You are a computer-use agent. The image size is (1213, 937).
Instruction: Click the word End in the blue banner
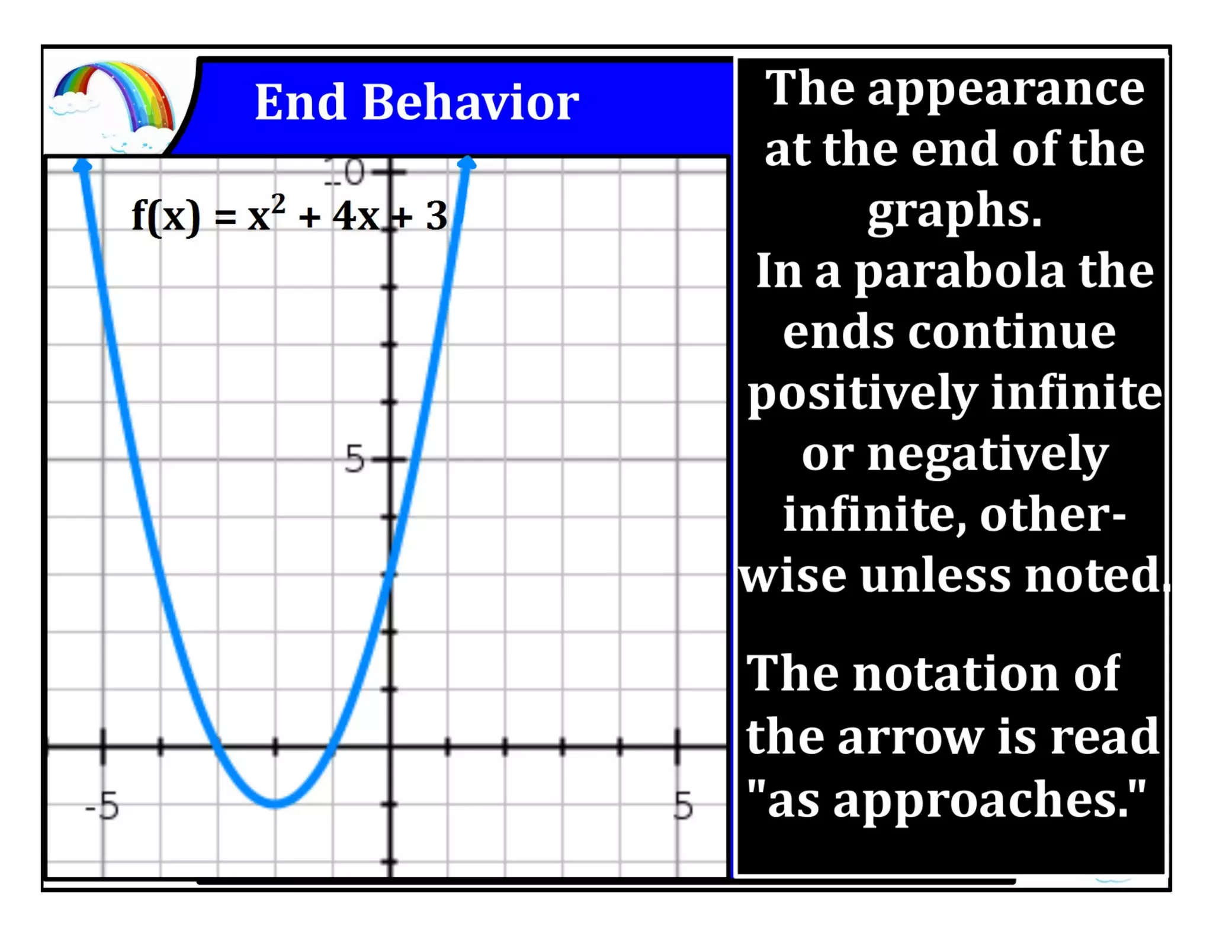pyautogui.click(x=300, y=102)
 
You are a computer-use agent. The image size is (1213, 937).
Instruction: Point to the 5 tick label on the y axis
pyautogui.click(x=354, y=459)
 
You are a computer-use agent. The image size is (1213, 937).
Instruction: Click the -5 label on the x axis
pyautogui.click(x=102, y=806)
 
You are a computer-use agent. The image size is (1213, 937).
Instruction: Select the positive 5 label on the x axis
pyautogui.click(x=683, y=806)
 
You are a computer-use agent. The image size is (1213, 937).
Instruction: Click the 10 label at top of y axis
pyautogui.click(x=345, y=173)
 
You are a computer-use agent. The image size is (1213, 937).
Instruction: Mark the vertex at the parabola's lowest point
pyautogui.click(x=276, y=803)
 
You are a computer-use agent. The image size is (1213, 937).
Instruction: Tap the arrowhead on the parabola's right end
pyautogui.click(x=467, y=162)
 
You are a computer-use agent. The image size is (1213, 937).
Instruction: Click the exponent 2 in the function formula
pyautogui.click(x=278, y=204)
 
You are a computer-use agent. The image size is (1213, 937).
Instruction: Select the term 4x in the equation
pyautogui.click(x=355, y=216)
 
